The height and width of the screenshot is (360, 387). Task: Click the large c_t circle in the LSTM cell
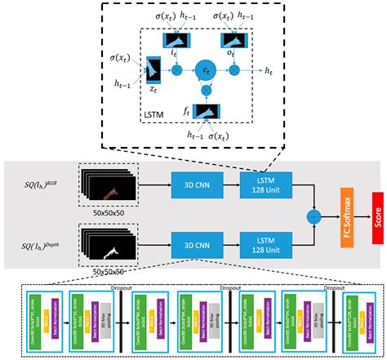click(x=207, y=71)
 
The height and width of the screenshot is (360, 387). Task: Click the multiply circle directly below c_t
click(x=207, y=91)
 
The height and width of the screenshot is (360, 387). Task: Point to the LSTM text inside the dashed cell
click(x=156, y=113)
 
